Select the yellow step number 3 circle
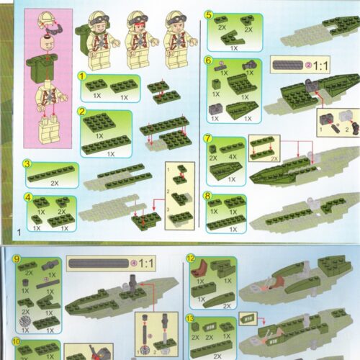pyautogui.click(x=26, y=164)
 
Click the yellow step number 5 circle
pyautogui.click(x=208, y=15)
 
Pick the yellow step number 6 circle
pyautogui.click(x=208, y=62)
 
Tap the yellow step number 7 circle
pyautogui.click(x=208, y=139)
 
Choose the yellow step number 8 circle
pyautogui.click(x=208, y=196)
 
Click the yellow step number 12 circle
pyautogui.click(x=190, y=258)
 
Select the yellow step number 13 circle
pyautogui.click(x=190, y=318)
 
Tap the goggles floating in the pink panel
pyautogui.click(x=55, y=30)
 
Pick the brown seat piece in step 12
pyautogui.click(x=204, y=271)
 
